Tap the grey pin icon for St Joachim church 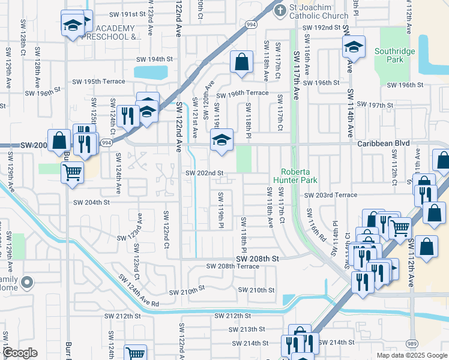279,10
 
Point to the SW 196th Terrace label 242,94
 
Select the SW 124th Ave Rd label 138,291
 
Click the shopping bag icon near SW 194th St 241,62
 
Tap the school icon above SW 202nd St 221,140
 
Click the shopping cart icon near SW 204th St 72,172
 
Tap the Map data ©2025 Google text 411,355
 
